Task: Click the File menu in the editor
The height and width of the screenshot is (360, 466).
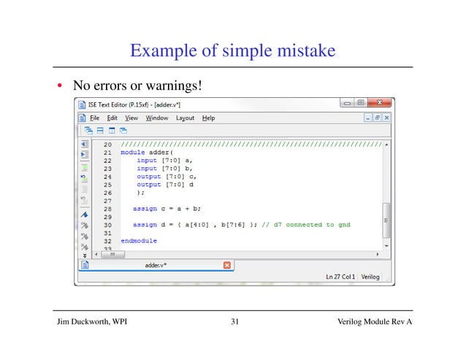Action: point(94,118)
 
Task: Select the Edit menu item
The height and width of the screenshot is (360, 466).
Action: point(112,118)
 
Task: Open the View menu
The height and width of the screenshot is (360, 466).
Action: point(131,118)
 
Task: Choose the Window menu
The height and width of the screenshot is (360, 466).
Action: point(156,118)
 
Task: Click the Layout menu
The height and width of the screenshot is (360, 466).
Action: point(185,118)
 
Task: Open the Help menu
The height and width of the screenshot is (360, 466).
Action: point(208,118)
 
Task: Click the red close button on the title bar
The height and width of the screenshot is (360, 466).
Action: point(386,104)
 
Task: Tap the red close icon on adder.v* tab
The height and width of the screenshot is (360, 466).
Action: point(226,265)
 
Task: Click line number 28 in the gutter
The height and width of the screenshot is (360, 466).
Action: point(107,209)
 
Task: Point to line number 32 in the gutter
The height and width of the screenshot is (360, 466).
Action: point(107,241)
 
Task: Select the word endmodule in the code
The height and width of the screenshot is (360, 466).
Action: point(139,241)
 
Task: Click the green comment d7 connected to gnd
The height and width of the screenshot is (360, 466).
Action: point(307,225)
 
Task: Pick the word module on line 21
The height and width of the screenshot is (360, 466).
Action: point(132,153)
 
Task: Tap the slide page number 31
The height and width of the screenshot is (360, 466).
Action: point(234,322)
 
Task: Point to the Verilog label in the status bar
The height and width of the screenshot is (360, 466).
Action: point(371,277)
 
